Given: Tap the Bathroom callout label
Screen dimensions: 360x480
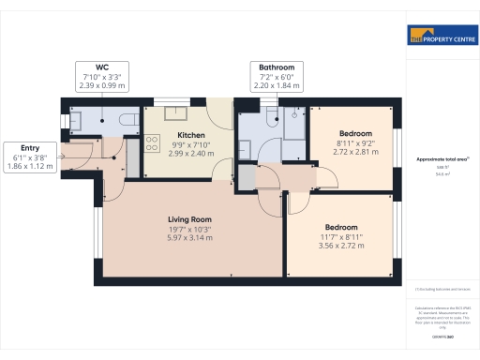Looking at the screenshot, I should pos(277,67).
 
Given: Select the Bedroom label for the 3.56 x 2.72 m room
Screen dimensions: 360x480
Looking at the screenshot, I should pos(341,228).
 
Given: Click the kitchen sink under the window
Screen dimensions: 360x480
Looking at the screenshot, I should pos(175,114).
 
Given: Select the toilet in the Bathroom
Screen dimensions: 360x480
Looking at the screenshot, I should pos(270,117).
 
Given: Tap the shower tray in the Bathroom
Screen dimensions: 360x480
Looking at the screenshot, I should pos(294,127).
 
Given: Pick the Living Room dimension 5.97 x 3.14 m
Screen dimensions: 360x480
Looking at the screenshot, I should pos(190,238).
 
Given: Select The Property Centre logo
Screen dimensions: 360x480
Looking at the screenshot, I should pos(442,37).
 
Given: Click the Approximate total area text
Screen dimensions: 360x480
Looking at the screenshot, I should pos(441,159).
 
